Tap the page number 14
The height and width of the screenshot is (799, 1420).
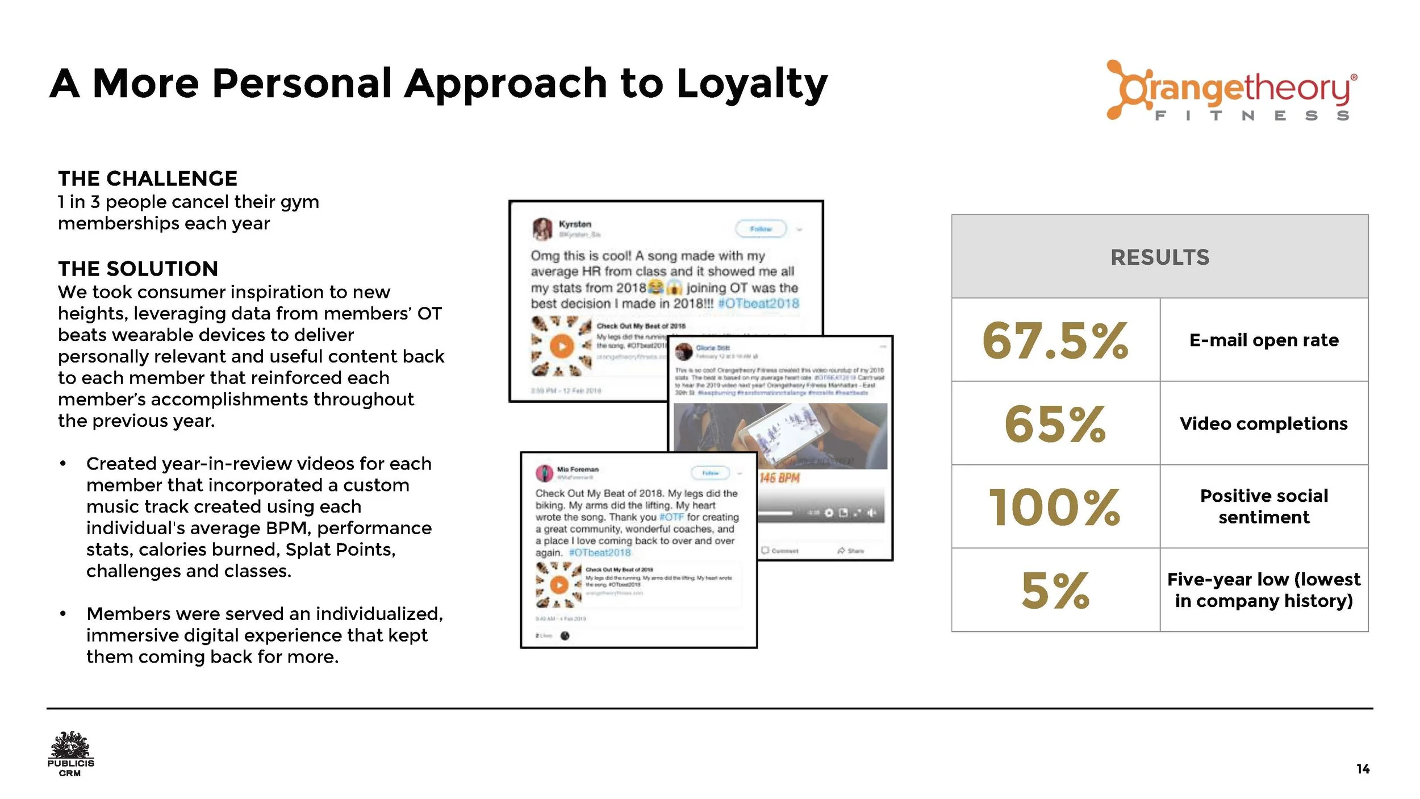pos(1363,769)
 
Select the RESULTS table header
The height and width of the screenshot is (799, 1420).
pos(1159,257)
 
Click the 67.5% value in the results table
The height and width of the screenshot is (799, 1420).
pos(1055,340)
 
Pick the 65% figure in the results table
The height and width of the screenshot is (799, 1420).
pos(1055,424)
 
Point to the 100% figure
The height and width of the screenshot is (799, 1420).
pos(1055,507)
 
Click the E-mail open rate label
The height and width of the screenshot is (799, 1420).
pos(1264,340)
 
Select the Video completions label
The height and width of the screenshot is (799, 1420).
pos(1264,423)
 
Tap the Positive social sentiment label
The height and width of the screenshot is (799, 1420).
pos(1264,506)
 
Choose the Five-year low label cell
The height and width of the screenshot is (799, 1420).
pos(1264,590)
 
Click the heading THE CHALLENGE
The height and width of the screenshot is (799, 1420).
pos(148,178)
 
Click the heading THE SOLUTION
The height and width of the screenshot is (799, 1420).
pos(138,269)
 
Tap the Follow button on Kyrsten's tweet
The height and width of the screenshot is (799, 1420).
pos(761,229)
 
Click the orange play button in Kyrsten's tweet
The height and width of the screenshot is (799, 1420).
pos(561,346)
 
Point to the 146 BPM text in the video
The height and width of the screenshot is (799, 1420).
pos(779,478)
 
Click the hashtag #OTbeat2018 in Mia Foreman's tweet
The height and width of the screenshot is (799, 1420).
pos(600,552)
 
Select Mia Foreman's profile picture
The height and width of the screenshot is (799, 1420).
pos(544,472)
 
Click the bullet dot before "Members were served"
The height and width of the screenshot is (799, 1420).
pos(63,614)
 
